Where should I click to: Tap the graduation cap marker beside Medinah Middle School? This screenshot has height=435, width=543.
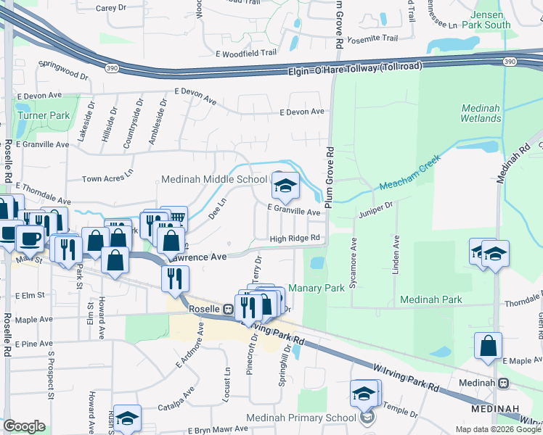pos(285,186)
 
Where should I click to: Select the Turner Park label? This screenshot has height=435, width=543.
pos(45,115)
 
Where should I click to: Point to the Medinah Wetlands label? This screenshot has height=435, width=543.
pos(481,113)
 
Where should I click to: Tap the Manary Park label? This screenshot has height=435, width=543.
pos(317,288)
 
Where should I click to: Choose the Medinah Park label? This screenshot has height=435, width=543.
pos(431,299)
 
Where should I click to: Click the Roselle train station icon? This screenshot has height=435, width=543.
pos(227,308)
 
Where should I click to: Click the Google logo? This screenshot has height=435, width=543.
pos(24,426)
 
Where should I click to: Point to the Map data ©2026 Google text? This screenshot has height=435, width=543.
pos(498,429)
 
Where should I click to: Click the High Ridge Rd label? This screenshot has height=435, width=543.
pos(295,238)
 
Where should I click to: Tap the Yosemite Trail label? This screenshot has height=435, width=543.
pos(373,38)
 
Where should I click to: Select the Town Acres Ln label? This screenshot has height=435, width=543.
pos(108,178)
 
